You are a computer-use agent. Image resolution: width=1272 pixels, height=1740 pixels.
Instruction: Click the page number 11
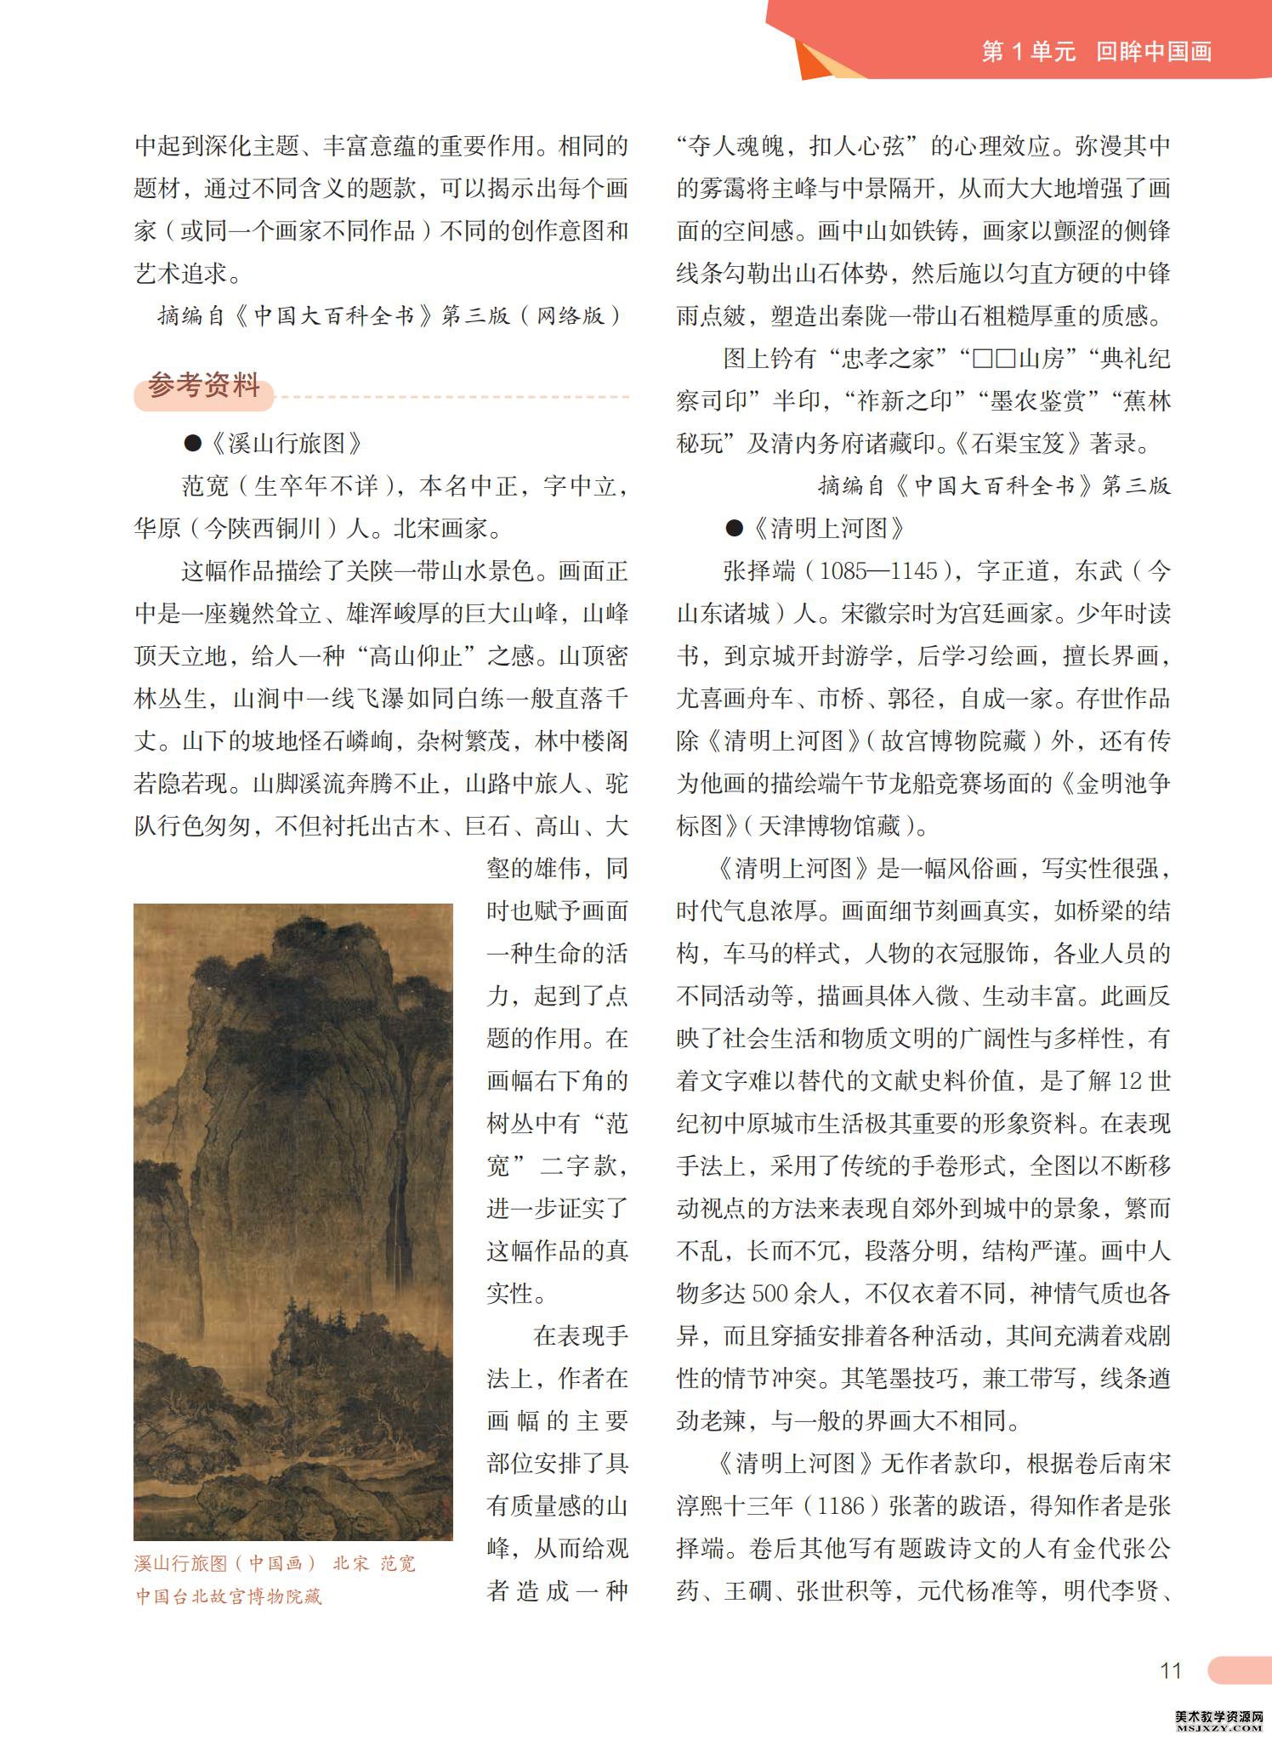[x=1171, y=1670]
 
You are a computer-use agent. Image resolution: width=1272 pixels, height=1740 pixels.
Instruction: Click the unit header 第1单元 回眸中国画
[x=1096, y=52]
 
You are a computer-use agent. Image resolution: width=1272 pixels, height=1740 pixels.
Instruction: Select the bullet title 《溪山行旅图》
[x=286, y=443]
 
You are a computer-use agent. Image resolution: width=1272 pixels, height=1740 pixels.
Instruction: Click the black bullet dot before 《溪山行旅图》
[x=193, y=443]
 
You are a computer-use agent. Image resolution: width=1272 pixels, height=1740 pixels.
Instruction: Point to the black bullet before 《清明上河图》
[x=734, y=529]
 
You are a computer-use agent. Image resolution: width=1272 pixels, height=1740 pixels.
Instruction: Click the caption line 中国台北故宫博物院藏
[x=230, y=1595]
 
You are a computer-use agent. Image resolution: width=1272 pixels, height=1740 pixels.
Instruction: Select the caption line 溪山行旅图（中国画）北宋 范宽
[x=275, y=1562]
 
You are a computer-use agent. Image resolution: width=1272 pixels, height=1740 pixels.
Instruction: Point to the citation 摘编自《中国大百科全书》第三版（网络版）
[x=390, y=315]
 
